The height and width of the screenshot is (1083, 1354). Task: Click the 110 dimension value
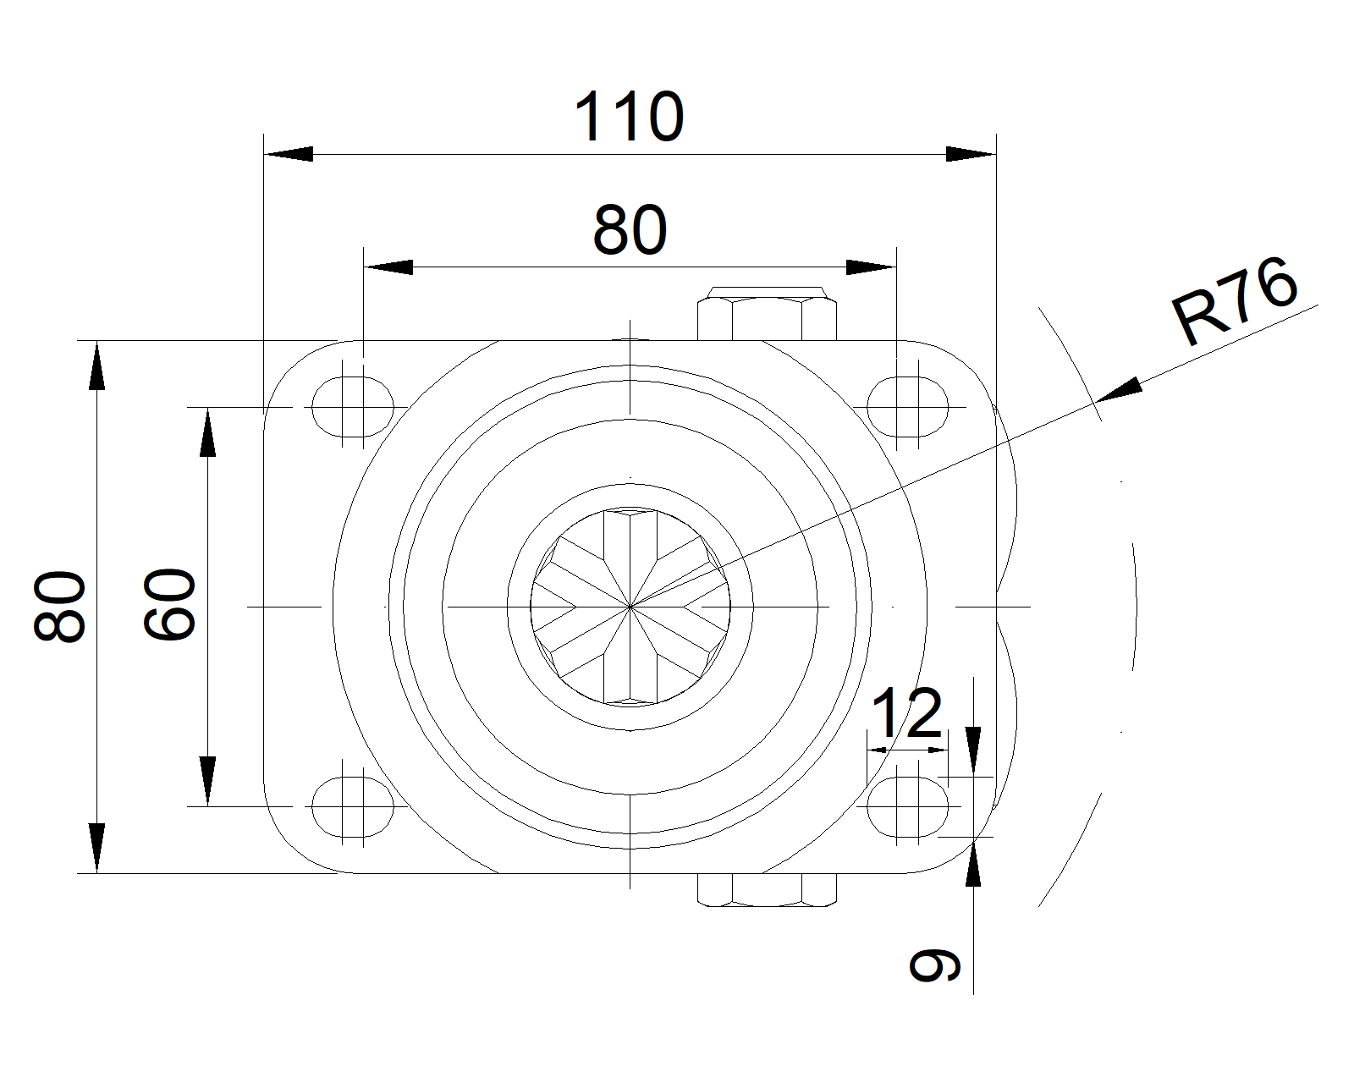(x=629, y=117)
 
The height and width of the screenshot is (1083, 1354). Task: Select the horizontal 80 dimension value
(x=630, y=229)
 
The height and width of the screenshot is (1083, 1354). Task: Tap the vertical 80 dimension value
(x=59, y=607)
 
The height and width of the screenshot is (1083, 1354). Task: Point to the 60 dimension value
(x=169, y=604)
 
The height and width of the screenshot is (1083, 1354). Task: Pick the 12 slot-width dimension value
(x=906, y=713)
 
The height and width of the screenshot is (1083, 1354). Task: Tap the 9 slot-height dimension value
(x=935, y=965)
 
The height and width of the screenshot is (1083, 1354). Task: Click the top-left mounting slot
(x=353, y=406)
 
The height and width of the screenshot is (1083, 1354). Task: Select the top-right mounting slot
(x=907, y=406)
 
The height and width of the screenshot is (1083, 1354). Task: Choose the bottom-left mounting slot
(x=353, y=806)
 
